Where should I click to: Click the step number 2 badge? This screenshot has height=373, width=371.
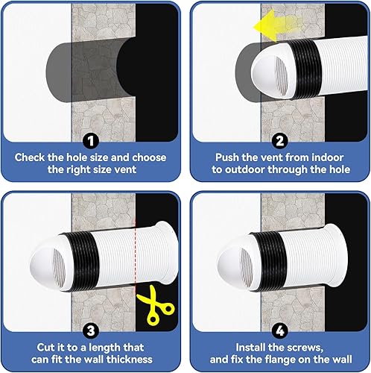[x=278, y=140]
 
